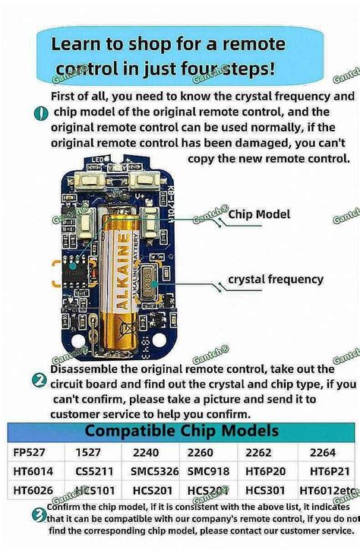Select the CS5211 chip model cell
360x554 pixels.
point(95,471)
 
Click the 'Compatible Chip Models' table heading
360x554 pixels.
point(181,431)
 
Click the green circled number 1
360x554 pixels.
point(41,113)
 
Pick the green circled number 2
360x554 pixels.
point(39,359)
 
